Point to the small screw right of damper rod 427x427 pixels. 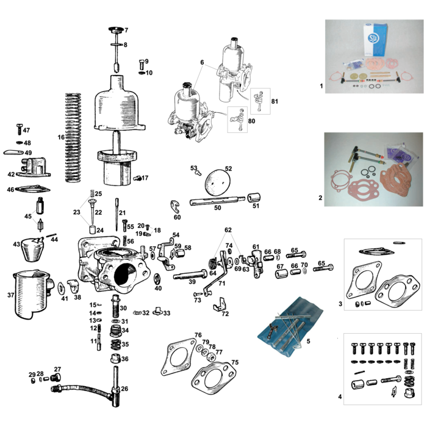coord(142,63)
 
